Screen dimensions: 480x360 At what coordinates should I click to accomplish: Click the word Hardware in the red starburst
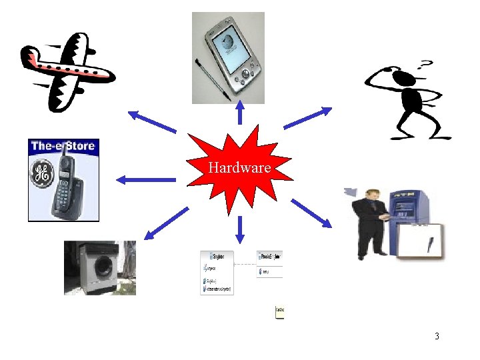pos(239,168)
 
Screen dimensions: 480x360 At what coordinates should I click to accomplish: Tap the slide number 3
pos(437,336)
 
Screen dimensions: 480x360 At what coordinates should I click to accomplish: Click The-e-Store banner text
pos(63,146)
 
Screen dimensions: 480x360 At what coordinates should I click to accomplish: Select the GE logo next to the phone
pos(41,176)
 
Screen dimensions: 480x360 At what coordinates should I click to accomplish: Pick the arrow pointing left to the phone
pos(143,179)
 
